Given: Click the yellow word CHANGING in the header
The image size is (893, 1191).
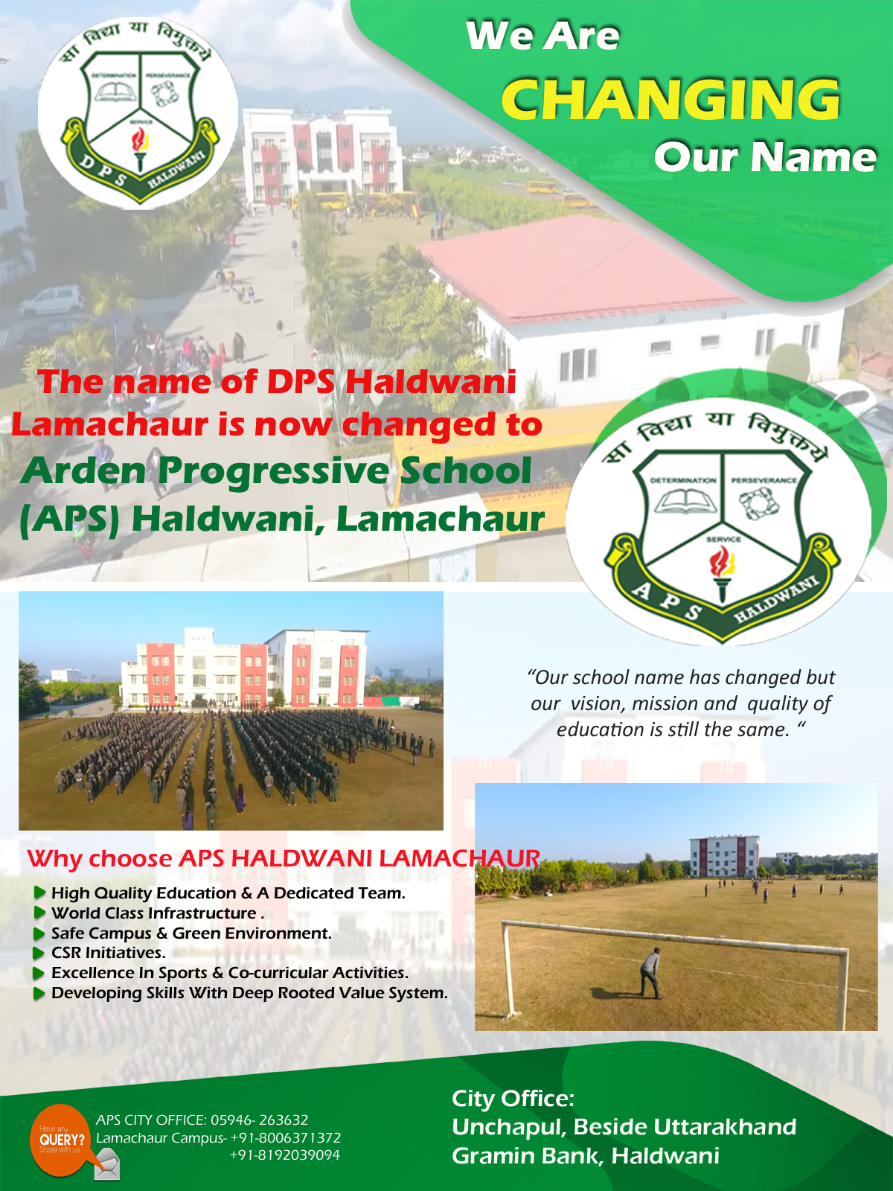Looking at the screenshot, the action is [x=670, y=99].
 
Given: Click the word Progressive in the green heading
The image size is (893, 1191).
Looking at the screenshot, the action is [x=273, y=471].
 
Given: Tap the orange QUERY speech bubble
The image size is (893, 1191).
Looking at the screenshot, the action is [x=61, y=1140].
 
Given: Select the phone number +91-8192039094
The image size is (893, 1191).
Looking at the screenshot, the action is [x=285, y=1155].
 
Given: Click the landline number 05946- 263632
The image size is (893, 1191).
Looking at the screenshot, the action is [x=259, y=1120].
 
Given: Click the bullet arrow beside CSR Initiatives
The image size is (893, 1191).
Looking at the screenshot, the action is [x=39, y=953].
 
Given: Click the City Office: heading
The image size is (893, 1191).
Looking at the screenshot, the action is [x=513, y=1099].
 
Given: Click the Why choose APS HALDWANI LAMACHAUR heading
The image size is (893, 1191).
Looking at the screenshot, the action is [x=284, y=859].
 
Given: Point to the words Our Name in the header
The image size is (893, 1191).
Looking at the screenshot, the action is [x=765, y=157].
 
